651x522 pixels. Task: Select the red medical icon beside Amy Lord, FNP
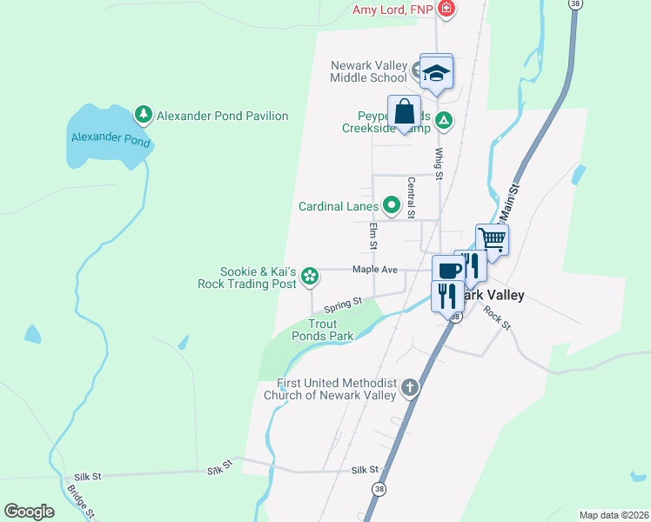click(446, 10)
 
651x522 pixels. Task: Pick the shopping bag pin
click(405, 112)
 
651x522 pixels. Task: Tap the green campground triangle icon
click(444, 120)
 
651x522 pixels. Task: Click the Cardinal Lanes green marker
click(392, 206)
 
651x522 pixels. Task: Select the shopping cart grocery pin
click(492, 238)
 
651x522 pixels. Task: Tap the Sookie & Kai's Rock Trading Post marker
click(309, 278)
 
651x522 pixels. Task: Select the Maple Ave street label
click(374, 271)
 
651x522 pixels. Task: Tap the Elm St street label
click(373, 236)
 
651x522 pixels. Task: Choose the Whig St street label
click(440, 164)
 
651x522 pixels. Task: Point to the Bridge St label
click(79, 503)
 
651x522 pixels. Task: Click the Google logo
click(29, 512)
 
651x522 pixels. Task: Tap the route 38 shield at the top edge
click(574, 4)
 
